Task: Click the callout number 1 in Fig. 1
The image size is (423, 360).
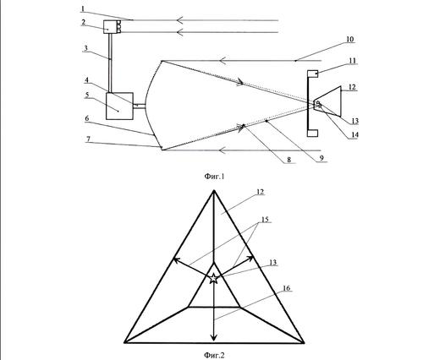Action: pyautogui.click(x=83, y=9)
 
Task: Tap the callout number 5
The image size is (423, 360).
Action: pyautogui.click(x=87, y=95)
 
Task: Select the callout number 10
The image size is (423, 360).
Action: pyautogui.click(x=349, y=39)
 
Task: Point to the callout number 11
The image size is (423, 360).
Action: pyautogui.click(x=353, y=61)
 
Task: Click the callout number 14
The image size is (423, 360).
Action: pyautogui.click(x=354, y=135)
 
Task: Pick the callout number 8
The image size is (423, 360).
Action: pyautogui.click(x=288, y=160)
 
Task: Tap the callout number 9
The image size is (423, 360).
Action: pyautogui.click(x=321, y=158)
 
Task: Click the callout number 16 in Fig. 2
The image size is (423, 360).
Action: pyautogui.click(x=286, y=288)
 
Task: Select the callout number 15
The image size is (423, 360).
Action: pyautogui.click(x=265, y=219)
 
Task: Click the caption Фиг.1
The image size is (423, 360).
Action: pyautogui.click(x=214, y=177)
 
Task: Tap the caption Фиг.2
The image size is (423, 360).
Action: pyautogui.click(x=214, y=355)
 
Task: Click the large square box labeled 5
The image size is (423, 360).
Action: pyautogui.click(x=119, y=106)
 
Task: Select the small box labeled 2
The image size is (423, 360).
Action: pyautogui.click(x=110, y=27)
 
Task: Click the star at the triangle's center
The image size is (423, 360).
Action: pyautogui.click(x=214, y=278)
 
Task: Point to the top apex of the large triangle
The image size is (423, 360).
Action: pyautogui.click(x=214, y=191)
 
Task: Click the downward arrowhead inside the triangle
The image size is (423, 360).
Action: pyautogui.click(x=214, y=337)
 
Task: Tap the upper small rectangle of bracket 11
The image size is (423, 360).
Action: pyautogui.click(x=313, y=74)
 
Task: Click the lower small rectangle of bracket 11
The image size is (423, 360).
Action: pyautogui.click(x=313, y=133)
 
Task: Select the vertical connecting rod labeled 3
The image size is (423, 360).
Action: pyautogui.click(x=110, y=63)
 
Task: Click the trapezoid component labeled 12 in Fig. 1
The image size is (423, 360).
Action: pyautogui.click(x=329, y=101)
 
